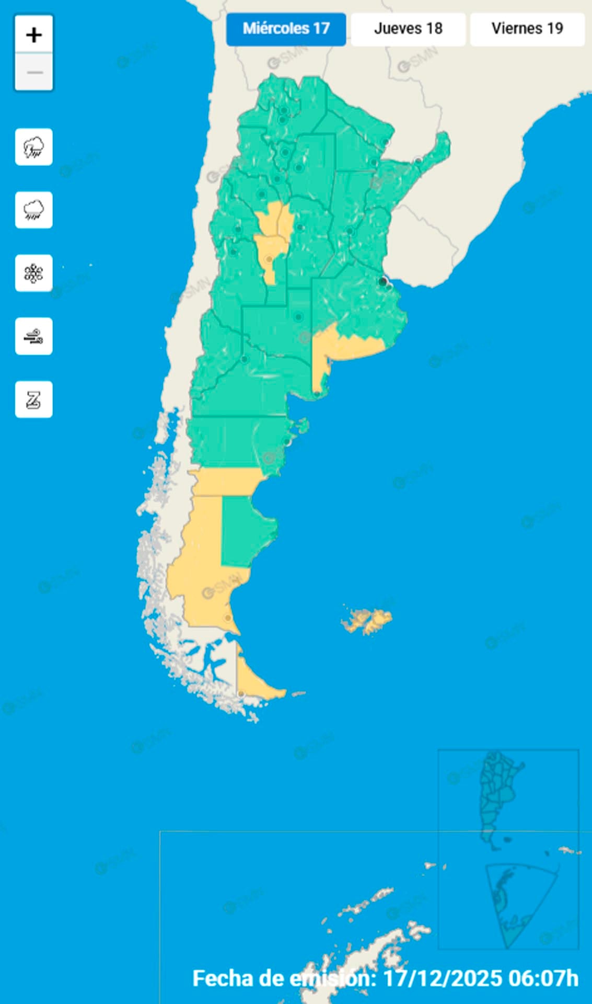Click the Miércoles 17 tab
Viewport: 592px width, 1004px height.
point(286,29)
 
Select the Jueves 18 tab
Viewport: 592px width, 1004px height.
point(408,29)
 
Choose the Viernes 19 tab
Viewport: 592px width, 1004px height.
point(527,29)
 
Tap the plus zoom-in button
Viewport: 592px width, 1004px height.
point(34,35)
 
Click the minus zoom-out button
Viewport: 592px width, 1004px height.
point(34,72)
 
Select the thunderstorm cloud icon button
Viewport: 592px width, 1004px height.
point(34,147)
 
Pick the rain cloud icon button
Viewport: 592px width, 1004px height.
point(34,210)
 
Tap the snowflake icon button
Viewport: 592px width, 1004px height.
point(34,273)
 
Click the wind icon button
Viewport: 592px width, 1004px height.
point(34,336)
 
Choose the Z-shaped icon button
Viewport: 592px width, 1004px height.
point(34,400)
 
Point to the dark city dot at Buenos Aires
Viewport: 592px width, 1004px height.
point(383,282)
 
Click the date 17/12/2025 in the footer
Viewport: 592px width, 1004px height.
point(443,978)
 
